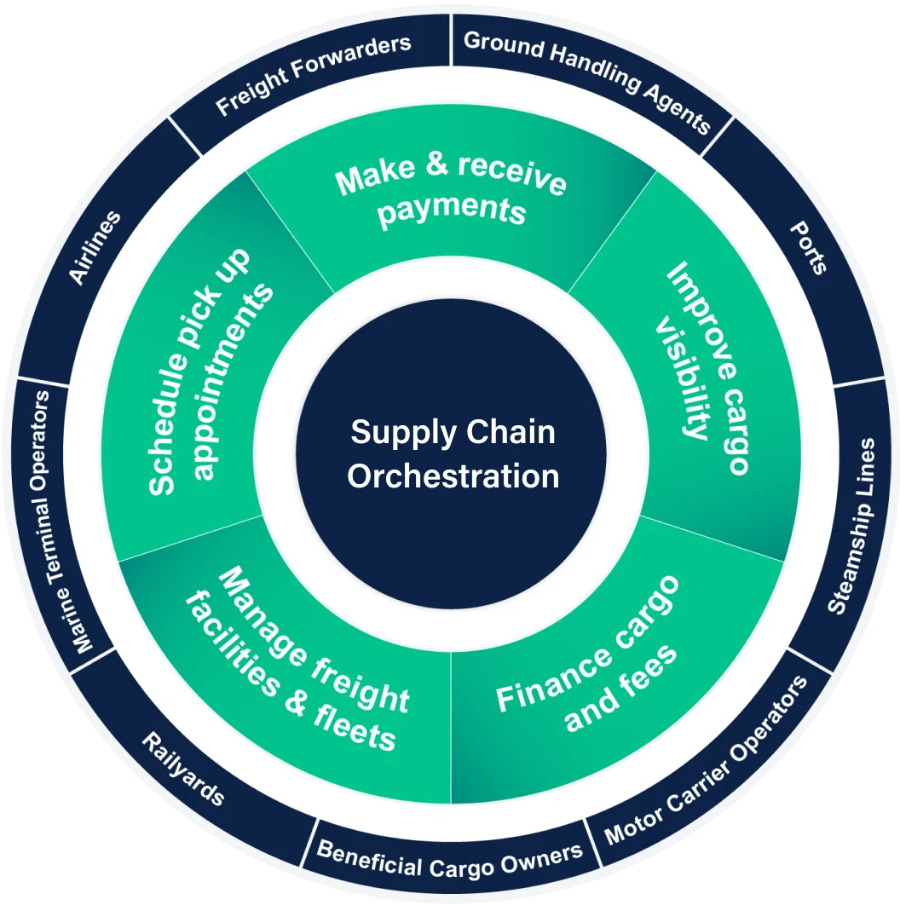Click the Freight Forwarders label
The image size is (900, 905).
pos(313,75)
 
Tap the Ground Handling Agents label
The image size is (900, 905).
pos(587,82)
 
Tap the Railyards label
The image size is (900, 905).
pos(182,768)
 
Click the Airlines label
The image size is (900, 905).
pos(95,248)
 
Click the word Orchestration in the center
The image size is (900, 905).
pos(453,476)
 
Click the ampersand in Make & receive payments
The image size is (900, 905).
pos(436,164)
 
